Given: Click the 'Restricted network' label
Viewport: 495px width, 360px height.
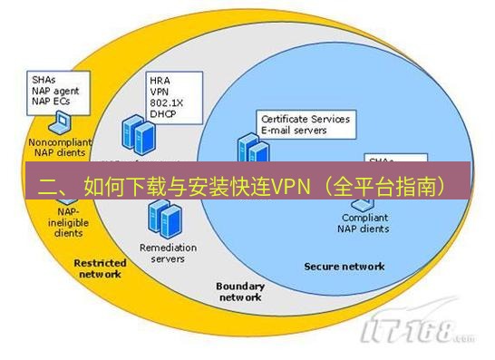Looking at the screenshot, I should tap(99, 268).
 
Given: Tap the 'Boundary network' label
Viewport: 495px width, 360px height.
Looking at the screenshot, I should tap(239, 291).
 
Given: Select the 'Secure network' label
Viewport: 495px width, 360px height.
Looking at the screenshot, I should tap(344, 266).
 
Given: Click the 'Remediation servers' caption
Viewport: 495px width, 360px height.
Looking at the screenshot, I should tap(162, 252).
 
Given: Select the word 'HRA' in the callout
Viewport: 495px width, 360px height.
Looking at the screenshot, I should tap(160, 80).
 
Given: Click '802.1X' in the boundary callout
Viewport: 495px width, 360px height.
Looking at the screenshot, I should tap(166, 102).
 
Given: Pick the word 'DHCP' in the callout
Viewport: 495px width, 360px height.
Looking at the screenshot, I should tap(163, 114).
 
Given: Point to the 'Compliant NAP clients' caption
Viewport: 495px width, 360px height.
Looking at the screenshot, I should tap(365, 224).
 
